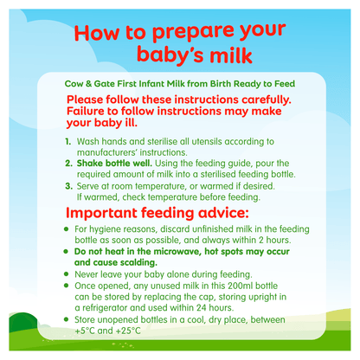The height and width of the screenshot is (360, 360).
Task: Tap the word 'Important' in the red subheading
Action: pos(115,213)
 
